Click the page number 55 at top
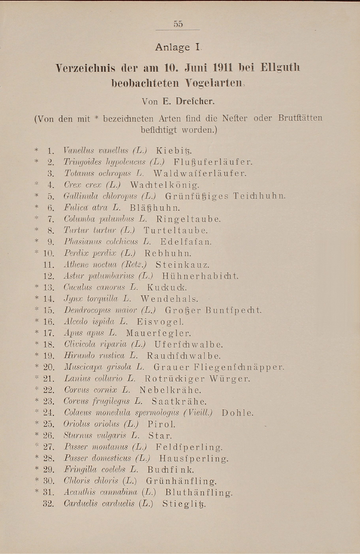(x=178, y=24)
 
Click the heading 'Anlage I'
(x=178, y=48)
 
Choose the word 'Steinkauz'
(x=182, y=265)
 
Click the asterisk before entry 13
(x=37, y=287)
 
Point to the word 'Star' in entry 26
(x=159, y=436)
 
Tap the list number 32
(x=48, y=504)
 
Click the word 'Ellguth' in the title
(x=280, y=68)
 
